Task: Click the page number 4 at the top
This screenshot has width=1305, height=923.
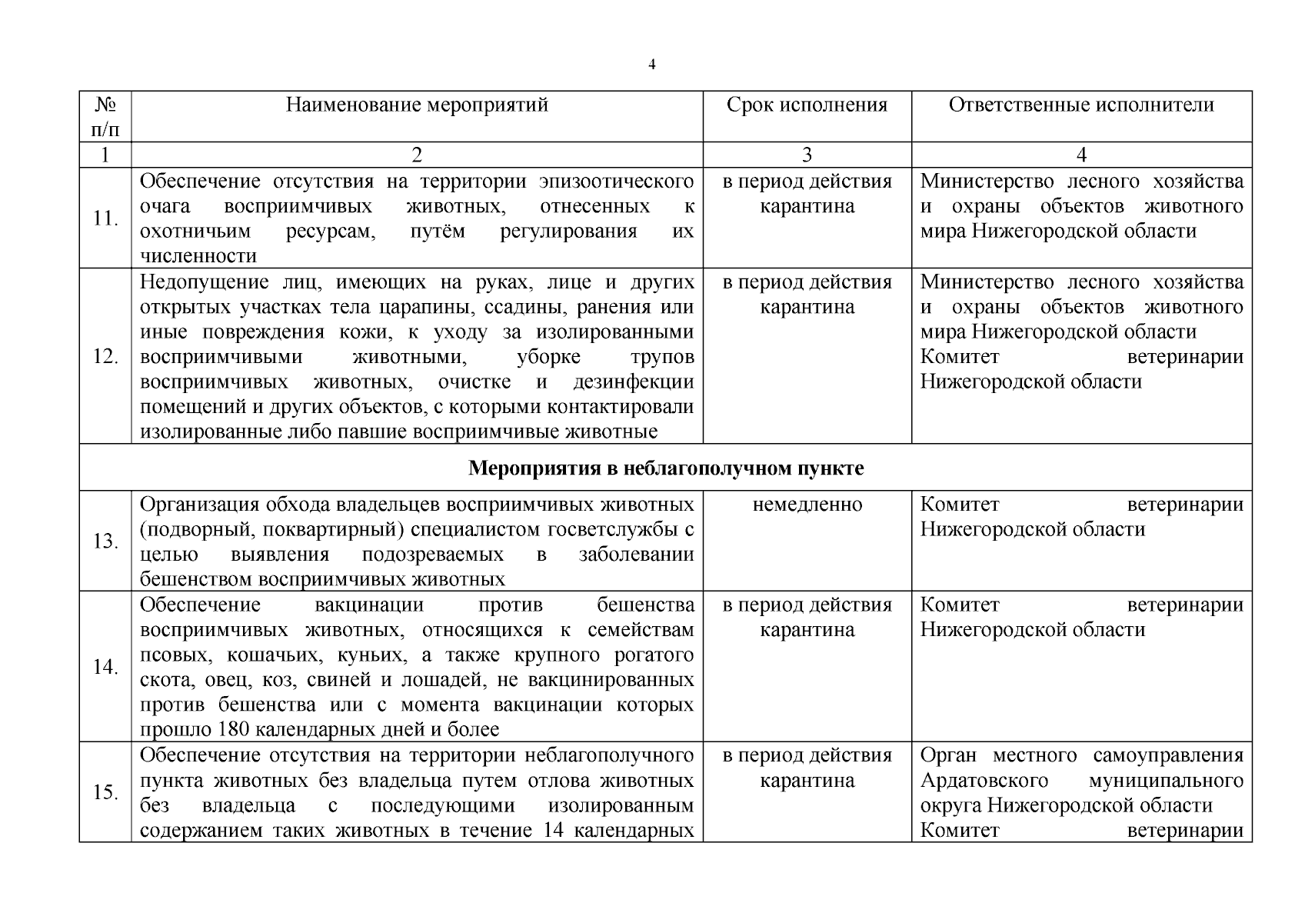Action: click(652, 65)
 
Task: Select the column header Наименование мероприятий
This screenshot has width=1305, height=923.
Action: click(417, 105)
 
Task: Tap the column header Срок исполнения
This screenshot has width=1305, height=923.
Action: click(807, 105)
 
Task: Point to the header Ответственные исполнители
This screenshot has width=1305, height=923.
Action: click(1081, 105)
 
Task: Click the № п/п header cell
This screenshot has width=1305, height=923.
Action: click(105, 116)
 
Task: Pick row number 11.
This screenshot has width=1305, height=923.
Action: click(105, 218)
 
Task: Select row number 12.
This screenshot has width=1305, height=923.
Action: click(105, 357)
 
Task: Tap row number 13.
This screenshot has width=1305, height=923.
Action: click(105, 541)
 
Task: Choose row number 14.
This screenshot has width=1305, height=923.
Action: click(105, 667)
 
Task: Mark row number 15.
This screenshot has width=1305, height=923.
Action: click(105, 792)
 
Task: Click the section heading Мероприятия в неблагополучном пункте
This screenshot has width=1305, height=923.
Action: click(666, 468)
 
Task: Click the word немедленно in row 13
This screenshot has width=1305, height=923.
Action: click(807, 505)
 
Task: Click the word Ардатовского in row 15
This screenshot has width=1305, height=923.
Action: click(984, 781)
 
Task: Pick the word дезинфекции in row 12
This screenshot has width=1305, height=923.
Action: click(633, 382)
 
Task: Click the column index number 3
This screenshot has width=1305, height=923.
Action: click(807, 155)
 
